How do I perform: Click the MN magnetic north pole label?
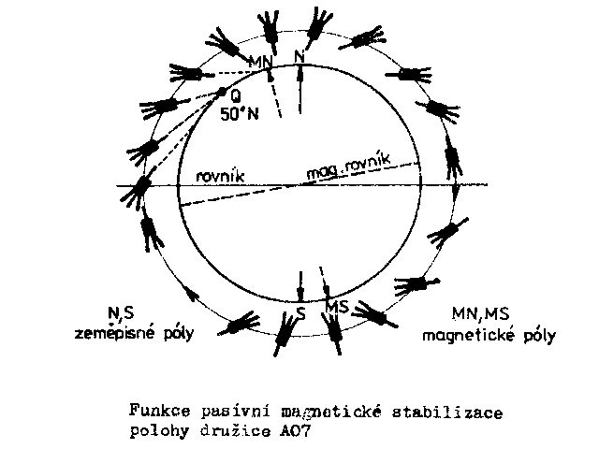260,62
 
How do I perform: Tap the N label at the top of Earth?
299,57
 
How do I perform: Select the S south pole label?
301,313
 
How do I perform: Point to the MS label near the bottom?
338,307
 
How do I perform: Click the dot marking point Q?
222,92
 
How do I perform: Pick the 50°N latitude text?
240,114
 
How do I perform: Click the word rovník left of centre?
220,177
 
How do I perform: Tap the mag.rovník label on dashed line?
348,167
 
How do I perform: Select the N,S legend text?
121,313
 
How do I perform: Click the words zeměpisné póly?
134,333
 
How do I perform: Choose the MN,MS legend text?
480,314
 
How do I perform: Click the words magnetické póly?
489,336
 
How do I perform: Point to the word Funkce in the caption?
160,411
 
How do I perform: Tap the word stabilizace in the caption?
447,412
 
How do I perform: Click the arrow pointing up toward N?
300,90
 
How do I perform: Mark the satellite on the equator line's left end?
139,189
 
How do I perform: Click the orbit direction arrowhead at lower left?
192,294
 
